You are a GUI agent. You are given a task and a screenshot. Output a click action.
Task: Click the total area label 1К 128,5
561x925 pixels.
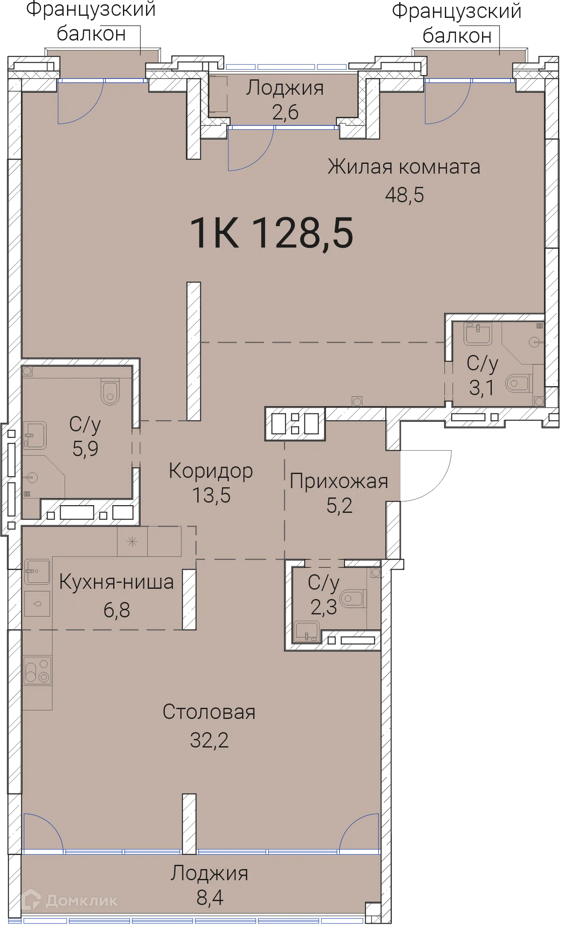[x=272, y=233]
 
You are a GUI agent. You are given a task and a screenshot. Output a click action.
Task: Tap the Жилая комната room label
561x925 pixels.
[x=403, y=166]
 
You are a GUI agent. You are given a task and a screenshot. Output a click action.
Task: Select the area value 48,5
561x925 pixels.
[x=404, y=195]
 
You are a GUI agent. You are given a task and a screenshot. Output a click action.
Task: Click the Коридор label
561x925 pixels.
[x=211, y=471]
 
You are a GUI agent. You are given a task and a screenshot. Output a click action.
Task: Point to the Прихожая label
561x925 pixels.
[x=339, y=481]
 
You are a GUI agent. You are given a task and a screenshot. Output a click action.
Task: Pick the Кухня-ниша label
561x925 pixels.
[x=116, y=582]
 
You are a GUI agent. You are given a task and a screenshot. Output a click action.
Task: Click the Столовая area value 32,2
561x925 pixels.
[x=209, y=740]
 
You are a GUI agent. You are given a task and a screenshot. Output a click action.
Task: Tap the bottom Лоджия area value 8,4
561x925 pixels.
[x=210, y=898]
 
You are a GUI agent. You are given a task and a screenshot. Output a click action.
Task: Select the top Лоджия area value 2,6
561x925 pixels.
[x=285, y=112]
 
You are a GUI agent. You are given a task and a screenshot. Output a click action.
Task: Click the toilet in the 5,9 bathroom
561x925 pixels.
[x=110, y=391]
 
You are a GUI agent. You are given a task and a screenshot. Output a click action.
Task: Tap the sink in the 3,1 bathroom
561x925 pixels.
[x=478, y=333]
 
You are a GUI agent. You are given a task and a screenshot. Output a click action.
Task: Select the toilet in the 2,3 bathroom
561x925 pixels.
[x=353, y=599]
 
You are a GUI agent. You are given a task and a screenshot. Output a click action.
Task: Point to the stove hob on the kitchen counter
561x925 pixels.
[x=37, y=671]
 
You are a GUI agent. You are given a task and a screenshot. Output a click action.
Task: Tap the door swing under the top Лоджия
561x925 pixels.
[x=250, y=149]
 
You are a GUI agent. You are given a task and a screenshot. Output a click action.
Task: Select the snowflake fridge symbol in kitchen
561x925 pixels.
[x=132, y=542]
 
